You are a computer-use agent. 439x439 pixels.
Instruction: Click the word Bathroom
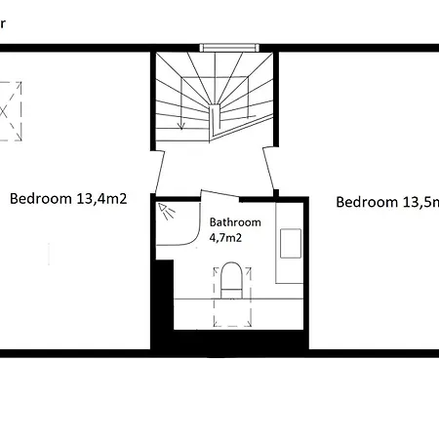point(235,221)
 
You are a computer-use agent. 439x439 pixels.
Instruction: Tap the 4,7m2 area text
point(226,236)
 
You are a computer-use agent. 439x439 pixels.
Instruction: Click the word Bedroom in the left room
point(40,199)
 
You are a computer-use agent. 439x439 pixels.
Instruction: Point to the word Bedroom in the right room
point(367,202)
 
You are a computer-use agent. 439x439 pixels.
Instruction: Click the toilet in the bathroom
point(231,278)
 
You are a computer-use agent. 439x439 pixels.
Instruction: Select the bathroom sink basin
point(292,242)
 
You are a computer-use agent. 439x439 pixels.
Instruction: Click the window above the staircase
point(230,46)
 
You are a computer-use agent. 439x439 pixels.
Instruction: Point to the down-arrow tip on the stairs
point(181,126)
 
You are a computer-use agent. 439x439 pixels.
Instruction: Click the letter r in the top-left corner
point(3,20)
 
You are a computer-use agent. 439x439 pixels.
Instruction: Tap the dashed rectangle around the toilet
point(231,293)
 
